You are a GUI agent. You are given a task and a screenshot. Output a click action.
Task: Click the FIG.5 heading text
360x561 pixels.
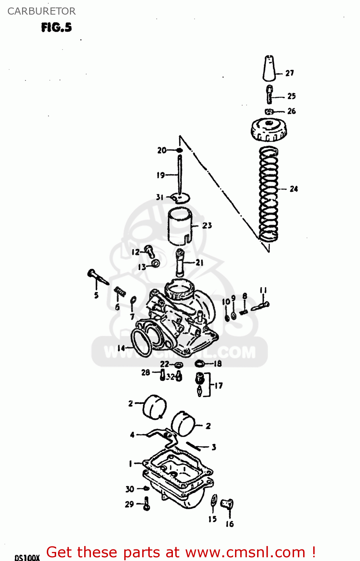point(56,27)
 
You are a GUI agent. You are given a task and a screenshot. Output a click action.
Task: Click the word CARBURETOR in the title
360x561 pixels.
point(42,11)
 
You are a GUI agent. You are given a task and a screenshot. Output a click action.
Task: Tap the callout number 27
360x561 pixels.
point(290,73)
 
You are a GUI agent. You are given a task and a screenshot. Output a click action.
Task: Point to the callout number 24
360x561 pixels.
point(294,189)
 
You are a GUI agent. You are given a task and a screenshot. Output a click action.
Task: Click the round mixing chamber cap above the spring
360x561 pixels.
point(268,129)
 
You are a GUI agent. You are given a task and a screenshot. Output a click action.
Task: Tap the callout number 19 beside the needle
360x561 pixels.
point(161,175)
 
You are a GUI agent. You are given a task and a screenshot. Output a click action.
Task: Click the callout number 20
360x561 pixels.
point(162,150)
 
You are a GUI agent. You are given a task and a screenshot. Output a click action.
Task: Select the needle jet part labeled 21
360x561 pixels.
point(180,263)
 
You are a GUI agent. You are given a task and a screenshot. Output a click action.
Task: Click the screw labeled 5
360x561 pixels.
point(98,277)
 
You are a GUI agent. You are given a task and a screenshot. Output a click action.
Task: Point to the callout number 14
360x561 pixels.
point(121,348)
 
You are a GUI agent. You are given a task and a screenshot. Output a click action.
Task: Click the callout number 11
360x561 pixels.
point(263,290)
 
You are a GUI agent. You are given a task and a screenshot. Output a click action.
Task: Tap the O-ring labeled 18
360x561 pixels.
point(200,363)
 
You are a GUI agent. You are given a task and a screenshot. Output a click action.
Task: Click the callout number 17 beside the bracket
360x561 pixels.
point(219,385)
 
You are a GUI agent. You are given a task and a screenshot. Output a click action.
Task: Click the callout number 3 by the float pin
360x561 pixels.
point(214,447)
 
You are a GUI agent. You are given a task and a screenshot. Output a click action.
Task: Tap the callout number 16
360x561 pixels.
point(229,524)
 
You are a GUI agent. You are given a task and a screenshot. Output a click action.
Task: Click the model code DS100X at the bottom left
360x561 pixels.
point(27,558)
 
